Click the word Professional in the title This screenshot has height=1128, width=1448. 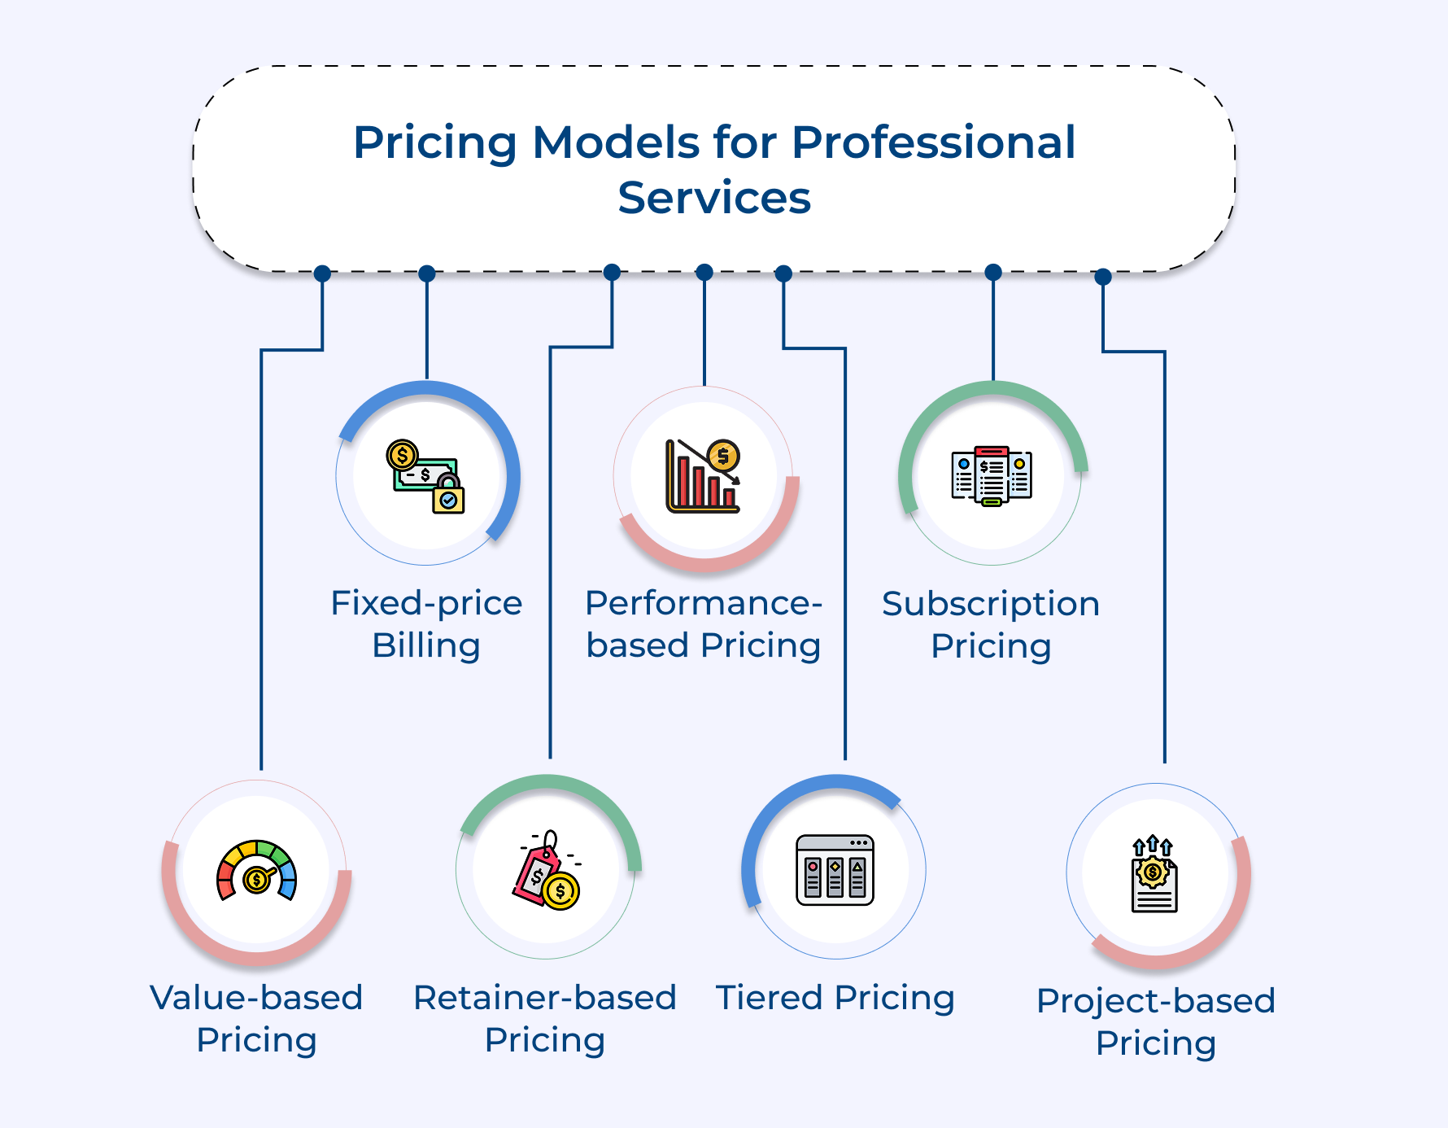[x=933, y=143]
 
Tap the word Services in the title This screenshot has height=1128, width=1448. [x=714, y=198]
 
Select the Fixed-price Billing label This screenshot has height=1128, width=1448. [x=426, y=624]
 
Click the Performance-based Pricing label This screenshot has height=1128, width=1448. [x=704, y=624]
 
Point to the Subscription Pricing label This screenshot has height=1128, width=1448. [x=991, y=625]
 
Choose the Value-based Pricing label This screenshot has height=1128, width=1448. [x=256, y=1018]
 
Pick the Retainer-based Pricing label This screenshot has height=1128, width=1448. [x=545, y=1018]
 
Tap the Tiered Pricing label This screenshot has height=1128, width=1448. [x=835, y=998]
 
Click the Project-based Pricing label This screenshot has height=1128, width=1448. [x=1156, y=1021]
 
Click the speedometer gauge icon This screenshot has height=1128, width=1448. [x=256, y=871]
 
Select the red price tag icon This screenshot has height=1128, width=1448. [x=536, y=874]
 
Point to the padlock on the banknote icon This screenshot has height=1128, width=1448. [x=448, y=496]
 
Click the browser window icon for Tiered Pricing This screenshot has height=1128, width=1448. [x=835, y=870]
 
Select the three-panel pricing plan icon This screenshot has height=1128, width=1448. [x=992, y=475]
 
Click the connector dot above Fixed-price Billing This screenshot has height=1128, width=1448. [x=426, y=273]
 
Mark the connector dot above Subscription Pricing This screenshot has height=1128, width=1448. [x=993, y=272]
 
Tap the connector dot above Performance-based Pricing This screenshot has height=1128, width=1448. [x=704, y=272]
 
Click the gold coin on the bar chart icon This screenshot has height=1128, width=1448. [x=723, y=456]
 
